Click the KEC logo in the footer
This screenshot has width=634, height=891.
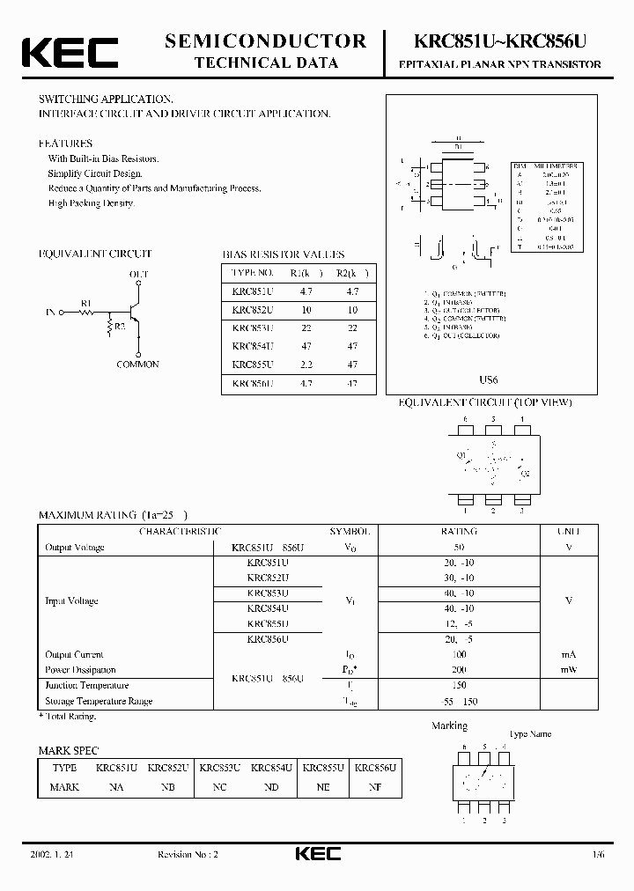click(316, 855)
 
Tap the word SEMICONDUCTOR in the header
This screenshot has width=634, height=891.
click(266, 40)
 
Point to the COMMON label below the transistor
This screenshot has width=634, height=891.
click(137, 364)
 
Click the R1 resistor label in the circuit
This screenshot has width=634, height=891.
click(86, 303)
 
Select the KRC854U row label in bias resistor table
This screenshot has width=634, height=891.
click(253, 347)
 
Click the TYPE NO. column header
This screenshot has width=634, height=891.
click(253, 272)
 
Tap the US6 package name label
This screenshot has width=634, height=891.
click(490, 379)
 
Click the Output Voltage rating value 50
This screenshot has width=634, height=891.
click(458, 548)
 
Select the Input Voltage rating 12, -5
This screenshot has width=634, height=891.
click(458, 623)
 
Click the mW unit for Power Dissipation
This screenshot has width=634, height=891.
click(569, 669)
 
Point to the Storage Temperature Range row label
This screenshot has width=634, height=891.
click(99, 701)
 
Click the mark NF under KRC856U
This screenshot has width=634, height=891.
click(375, 787)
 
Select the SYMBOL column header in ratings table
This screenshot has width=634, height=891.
click(350, 532)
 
